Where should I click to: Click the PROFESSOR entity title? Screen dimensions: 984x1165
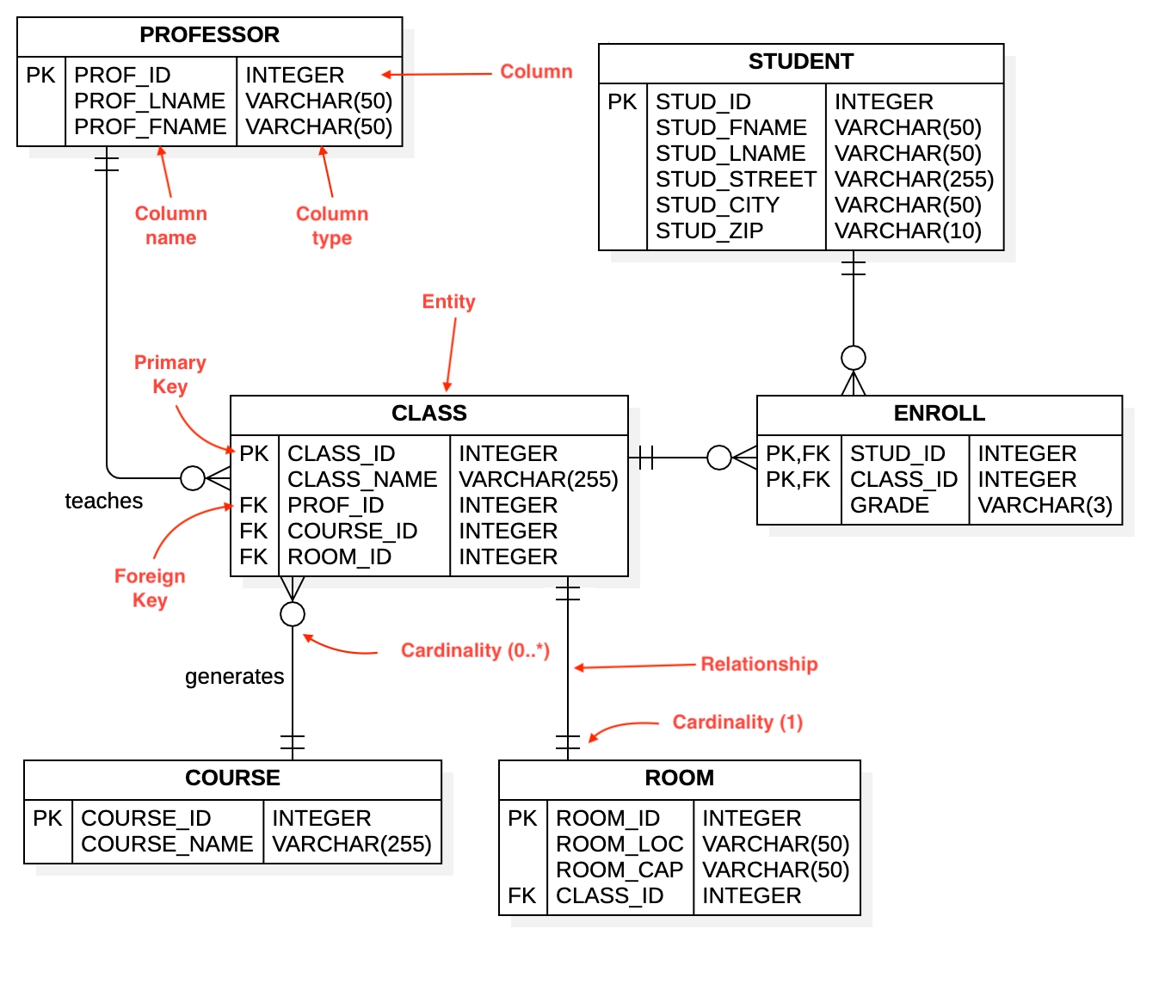coord(209,35)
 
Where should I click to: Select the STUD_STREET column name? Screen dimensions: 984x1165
coord(735,179)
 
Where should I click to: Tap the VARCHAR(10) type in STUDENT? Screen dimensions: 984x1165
coord(908,231)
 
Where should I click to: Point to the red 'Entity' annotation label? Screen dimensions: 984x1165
coord(448,302)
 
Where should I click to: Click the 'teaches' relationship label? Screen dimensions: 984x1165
coord(104,501)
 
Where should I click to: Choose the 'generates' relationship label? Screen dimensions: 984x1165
coord(234,676)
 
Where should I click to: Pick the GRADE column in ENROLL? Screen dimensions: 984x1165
coord(889,505)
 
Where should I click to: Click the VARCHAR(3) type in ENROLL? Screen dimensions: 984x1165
coord(1045,505)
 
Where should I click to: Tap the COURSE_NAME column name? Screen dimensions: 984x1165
coord(167,844)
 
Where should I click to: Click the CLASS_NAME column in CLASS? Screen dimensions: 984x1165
coord(362,479)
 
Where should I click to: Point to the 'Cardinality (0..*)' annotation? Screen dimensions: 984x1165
coord(475,650)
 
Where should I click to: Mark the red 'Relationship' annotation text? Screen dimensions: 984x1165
coord(759,664)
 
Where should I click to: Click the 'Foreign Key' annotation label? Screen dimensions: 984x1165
coord(150,587)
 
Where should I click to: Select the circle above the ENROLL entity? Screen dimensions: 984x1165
coord(854,358)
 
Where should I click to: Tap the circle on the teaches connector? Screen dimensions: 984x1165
coord(193,477)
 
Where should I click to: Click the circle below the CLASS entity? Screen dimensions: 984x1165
coord(293,614)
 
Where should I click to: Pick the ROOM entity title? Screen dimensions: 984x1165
coord(679,778)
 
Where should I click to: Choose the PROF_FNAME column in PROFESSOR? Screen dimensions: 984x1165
coord(150,126)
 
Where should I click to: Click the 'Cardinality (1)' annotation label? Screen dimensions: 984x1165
coord(737,722)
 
